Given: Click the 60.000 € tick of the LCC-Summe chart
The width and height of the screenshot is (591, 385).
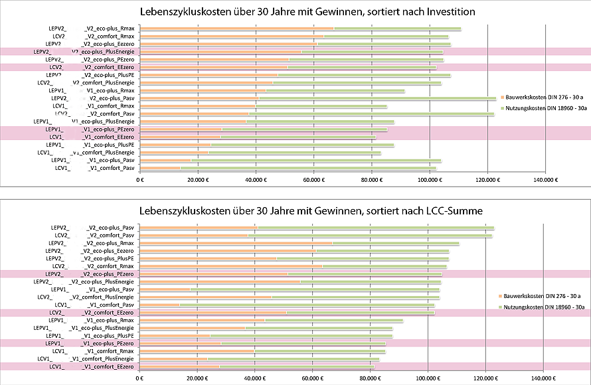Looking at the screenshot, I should (312, 378).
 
